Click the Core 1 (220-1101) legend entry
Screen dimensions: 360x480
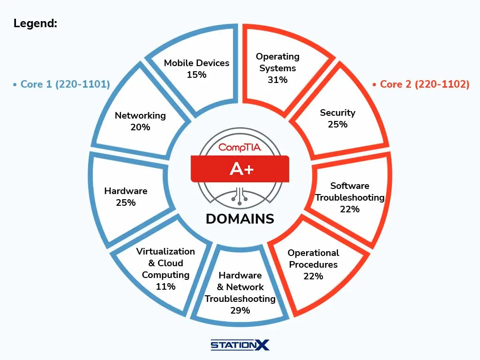click(62, 84)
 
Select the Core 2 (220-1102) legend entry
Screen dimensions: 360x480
click(420, 84)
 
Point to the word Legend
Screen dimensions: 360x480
click(35, 23)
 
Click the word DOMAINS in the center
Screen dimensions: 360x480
click(240, 219)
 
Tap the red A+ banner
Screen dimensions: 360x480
click(240, 168)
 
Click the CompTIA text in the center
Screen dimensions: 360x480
click(240, 147)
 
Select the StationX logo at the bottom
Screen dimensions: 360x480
click(240, 345)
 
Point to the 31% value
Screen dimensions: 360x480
click(277, 80)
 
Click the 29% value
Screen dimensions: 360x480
click(240, 310)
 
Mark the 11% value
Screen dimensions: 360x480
click(165, 286)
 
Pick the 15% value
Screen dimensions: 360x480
click(196, 75)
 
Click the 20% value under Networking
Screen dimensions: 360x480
click(140, 127)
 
